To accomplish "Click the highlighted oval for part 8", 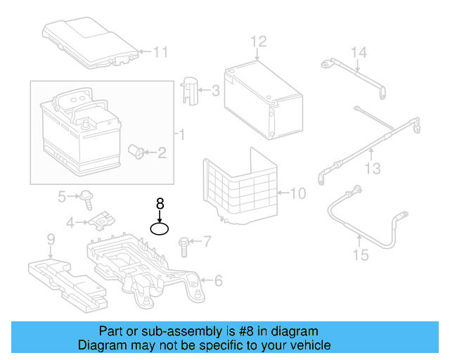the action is point(160,224).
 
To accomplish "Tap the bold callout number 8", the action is point(160,204).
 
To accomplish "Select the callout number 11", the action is point(160,52).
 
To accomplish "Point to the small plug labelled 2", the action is point(136,152).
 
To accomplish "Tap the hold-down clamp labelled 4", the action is point(102,221).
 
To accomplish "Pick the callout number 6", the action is point(219,281).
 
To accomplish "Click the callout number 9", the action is point(51,239).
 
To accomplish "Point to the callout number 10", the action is point(298,193).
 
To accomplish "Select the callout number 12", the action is point(259,41).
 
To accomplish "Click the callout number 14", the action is point(359,53).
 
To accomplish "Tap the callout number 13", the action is point(373,169).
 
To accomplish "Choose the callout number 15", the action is point(361,255).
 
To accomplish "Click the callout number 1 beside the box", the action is point(182,134).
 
